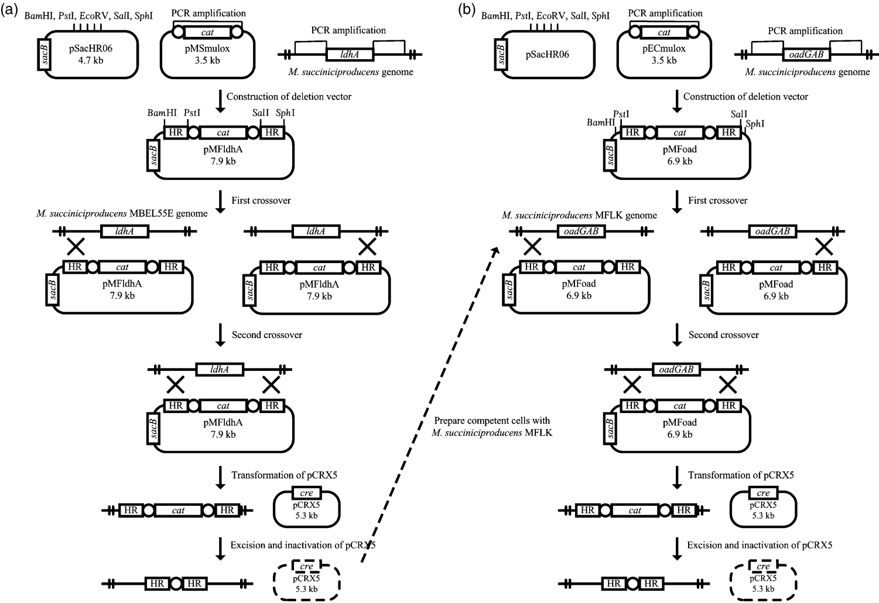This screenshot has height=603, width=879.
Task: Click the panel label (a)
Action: click(10, 9)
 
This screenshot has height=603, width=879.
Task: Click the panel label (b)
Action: click(467, 9)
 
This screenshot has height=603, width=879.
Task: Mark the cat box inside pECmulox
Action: click(664, 33)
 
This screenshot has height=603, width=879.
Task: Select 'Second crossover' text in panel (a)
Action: click(266, 335)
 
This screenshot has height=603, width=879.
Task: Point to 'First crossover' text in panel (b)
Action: click(717, 200)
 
